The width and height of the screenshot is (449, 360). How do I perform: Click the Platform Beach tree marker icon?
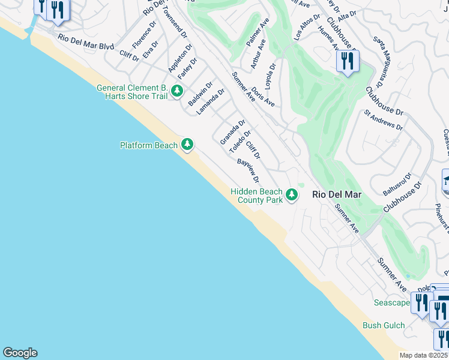(x=187, y=145)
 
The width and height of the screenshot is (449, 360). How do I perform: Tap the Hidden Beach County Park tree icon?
(x=292, y=194)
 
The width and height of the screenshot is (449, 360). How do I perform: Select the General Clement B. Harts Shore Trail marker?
(x=176, y=91)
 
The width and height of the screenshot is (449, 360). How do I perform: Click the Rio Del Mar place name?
(x=336, y=194)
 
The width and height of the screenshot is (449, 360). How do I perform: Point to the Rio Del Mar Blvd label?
(x=86, y=42)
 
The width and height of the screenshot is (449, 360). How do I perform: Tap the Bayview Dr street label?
(x=248, y=171)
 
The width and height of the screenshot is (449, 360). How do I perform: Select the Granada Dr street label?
(x=232, y=132)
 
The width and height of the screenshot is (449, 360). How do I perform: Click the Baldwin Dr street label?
(x=200, y=95)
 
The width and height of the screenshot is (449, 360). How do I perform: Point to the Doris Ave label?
(x=263, y=97)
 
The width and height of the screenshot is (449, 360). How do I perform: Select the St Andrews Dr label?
(x=384, y=119)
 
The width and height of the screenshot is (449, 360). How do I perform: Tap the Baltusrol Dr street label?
(x=397, y=184)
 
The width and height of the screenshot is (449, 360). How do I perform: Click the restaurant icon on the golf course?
(x=348, y=61)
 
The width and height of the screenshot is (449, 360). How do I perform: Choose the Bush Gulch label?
(x=384, y=326)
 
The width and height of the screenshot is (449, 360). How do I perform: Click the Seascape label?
(x=391, y=302)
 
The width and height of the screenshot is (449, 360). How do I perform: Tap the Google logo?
(x=20, y=353)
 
